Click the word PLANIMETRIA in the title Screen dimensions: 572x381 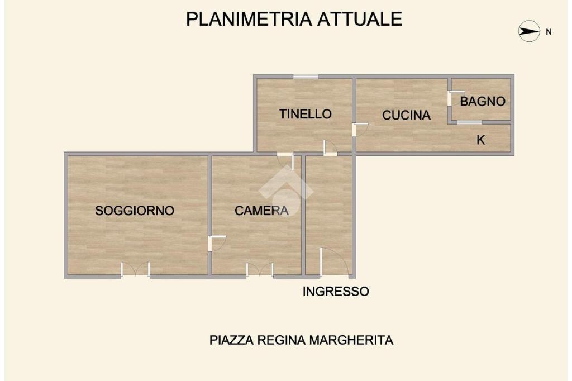point(249,19)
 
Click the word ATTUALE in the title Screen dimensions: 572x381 point(360,19)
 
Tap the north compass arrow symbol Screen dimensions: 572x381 point(529,31)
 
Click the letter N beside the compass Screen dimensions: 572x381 point(549,32)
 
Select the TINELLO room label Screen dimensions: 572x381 point(306,114)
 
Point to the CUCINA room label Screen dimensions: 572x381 point(407,115)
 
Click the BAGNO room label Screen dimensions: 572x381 point(483,102)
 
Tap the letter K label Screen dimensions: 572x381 point(481,140)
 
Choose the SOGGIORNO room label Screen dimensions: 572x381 point(135,211)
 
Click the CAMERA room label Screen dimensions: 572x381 point(261,211)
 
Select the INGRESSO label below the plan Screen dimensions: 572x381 point(336,291)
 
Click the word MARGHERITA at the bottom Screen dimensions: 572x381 point(351,340)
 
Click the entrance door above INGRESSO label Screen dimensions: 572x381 point(335,262)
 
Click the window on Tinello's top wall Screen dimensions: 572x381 point(306,77)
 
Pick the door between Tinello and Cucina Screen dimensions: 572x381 point(360,130)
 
